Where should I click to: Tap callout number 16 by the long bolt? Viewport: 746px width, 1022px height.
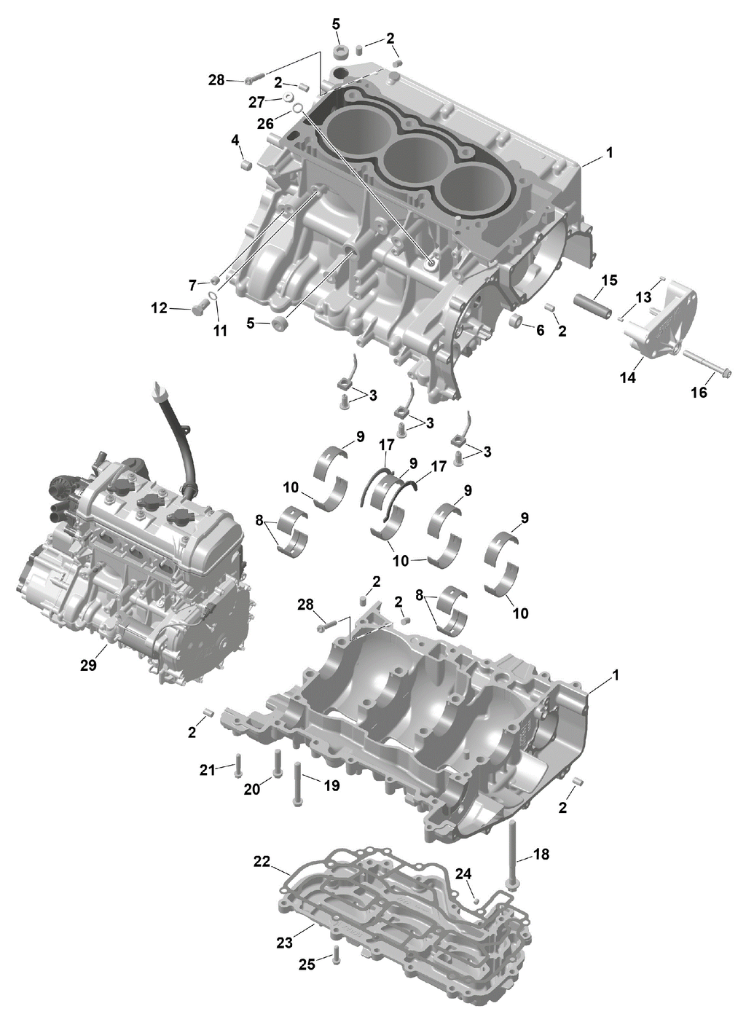pos(699,392)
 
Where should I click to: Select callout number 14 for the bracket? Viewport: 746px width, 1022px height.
pos(628,377)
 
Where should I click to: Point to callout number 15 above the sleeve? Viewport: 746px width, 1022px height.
pos(610,280)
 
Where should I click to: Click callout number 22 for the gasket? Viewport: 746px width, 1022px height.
pos(262,862)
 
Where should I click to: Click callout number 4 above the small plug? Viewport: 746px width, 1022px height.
pos(235,140)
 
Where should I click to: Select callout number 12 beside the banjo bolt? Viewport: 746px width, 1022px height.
pos(160,308)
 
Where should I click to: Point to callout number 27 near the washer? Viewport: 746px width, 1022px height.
pos(256,103)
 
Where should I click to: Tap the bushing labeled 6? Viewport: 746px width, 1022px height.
pos(516,321)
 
